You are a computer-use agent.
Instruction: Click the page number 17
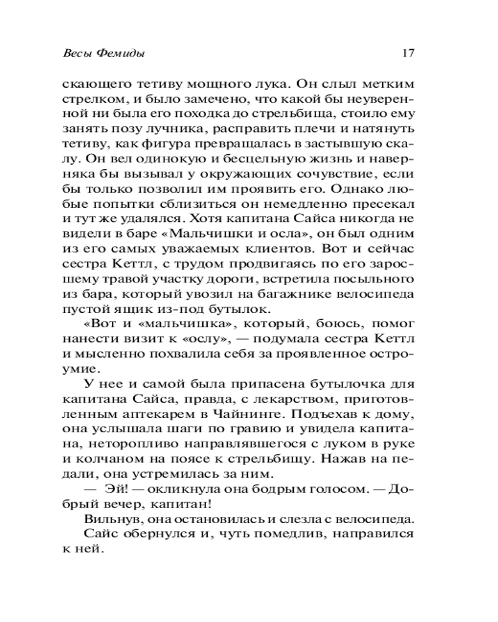point(408,53)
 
